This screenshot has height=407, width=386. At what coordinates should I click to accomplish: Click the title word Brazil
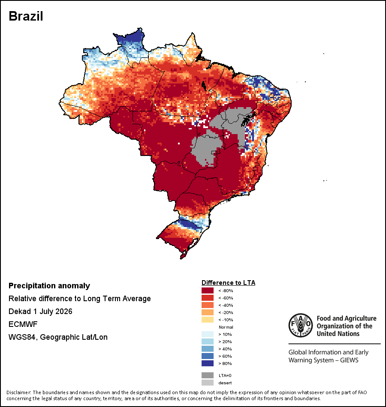click(26, 16)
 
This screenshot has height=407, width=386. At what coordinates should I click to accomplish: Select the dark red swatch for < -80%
click(208, 290)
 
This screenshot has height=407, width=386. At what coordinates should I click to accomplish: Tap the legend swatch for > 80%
click(208, 363)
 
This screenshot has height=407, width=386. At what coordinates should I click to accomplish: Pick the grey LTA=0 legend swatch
click(208, 375)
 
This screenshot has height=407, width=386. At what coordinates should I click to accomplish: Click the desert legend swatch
click(208, 383)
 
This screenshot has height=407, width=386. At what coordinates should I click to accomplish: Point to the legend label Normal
click(226, 327)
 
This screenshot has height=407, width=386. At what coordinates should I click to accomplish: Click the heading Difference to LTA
click(228, 283)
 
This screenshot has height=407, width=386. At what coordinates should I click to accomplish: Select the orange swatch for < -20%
click(208, 312)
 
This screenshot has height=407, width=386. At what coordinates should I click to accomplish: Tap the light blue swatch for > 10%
click(208, 334)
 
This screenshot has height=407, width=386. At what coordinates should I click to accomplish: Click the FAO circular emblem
click(301, 326)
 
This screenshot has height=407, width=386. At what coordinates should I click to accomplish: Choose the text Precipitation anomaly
click(49, 286)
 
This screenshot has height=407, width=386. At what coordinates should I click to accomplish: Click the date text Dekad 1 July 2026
click(40, 311)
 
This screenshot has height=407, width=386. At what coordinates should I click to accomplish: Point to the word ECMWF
click(23, 324)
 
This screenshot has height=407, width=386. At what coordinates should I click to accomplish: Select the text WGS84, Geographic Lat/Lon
click(58, 337)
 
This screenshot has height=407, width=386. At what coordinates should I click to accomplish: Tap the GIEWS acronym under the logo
click(350, 360)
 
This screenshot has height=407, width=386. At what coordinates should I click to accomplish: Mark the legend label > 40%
click(225, 349)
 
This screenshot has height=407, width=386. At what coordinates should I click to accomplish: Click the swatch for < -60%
click(208, 298)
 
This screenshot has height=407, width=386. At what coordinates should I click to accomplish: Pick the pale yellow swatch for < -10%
click(208, 320)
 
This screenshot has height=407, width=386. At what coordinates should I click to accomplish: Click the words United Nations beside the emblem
click(338, 334)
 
